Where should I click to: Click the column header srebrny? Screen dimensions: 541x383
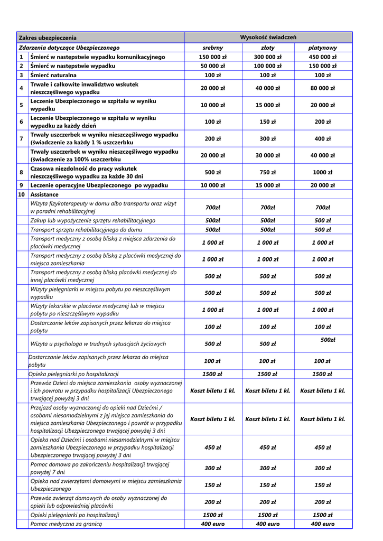pos(212,48)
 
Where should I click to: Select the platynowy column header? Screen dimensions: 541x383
pos(322,48)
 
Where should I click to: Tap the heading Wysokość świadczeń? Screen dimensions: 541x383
pos(268,37)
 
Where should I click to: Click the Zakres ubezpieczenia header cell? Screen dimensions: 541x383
pos(48,38)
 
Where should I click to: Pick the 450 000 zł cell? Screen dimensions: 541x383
pos(322,57)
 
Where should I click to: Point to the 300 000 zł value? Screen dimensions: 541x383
pos(267,57)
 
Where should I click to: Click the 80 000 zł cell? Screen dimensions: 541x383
pos(322,88)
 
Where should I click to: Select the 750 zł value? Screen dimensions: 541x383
pos(267,172)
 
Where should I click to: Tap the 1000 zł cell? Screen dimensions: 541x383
pos(322,172)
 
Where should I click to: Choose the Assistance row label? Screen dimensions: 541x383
pos(44,194)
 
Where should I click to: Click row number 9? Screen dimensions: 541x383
pos(21,185)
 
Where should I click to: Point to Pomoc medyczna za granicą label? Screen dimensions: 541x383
pos(66,524)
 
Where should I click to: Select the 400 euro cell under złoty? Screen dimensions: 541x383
pos(267,524)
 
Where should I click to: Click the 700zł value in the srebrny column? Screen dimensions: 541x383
pos(212,208)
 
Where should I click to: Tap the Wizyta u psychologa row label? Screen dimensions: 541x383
pos(98,344)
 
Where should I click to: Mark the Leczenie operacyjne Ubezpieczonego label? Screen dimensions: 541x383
pos(99,185)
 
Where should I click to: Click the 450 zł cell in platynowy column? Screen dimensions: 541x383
pos(322,447)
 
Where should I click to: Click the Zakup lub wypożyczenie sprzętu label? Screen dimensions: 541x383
pos(93,220)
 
